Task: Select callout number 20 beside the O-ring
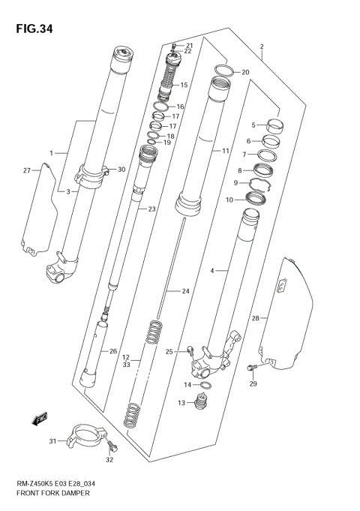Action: [x=244, y=72]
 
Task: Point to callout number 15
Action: [x=184, y=85]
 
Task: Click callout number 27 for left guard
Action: [x=27, y=171]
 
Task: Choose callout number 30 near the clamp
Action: [x=121, y=170]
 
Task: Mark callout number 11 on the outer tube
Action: [x=224, y=151]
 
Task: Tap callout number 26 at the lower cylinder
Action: [x=112, y=351]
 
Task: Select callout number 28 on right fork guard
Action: [x=255, y=319]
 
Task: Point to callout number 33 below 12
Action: [x=126, y=365]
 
